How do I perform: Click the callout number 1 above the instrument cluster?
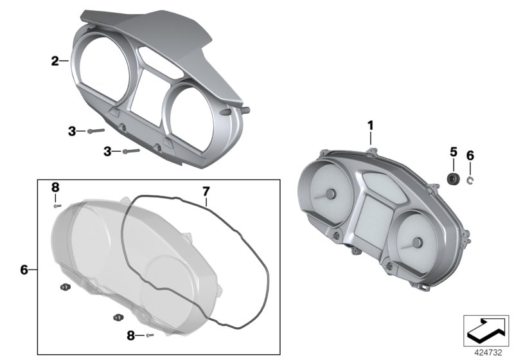click(371, 125)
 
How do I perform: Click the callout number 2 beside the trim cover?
click(55, 61)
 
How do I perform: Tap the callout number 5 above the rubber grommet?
click(454, 152)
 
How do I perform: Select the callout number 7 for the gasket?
click(206, 191)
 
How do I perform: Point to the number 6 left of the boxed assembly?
click(24, 270)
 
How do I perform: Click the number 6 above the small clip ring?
click(470, 156)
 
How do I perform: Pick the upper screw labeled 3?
click(96, 130)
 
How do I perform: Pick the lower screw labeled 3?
click(131, 151)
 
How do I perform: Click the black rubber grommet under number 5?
click(454, 179)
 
